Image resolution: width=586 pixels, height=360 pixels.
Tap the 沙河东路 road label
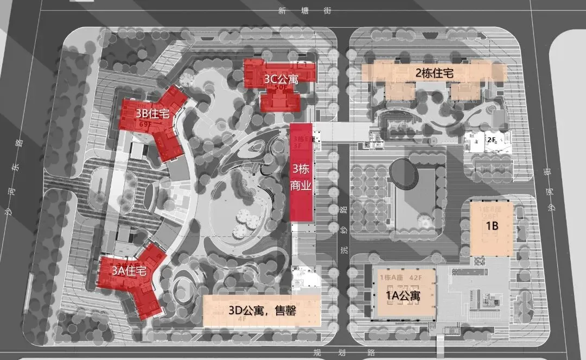20,177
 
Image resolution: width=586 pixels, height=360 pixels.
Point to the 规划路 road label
341,352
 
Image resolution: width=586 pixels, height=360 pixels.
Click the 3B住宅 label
153,114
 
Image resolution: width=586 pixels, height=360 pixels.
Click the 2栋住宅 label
434,72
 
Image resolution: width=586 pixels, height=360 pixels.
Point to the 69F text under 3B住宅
144,124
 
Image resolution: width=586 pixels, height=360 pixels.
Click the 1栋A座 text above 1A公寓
392,279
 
